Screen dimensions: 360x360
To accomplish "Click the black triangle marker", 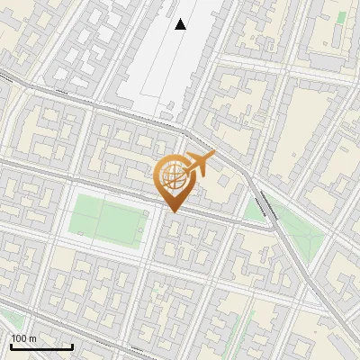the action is coord(181,24).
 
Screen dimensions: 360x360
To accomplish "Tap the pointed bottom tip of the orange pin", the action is coord(171,211).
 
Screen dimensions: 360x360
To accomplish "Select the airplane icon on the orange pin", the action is coord(195,166).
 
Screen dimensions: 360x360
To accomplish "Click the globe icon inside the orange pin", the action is coord(171,177).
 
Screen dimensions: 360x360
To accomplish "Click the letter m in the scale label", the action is coord(32,337).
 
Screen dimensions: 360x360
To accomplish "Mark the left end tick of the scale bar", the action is coord(11,346).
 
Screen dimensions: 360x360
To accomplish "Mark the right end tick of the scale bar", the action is coord(72,346).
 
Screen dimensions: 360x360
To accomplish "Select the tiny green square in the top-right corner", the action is coord(341,16).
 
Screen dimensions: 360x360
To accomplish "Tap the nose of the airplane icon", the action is coord(214,156).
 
